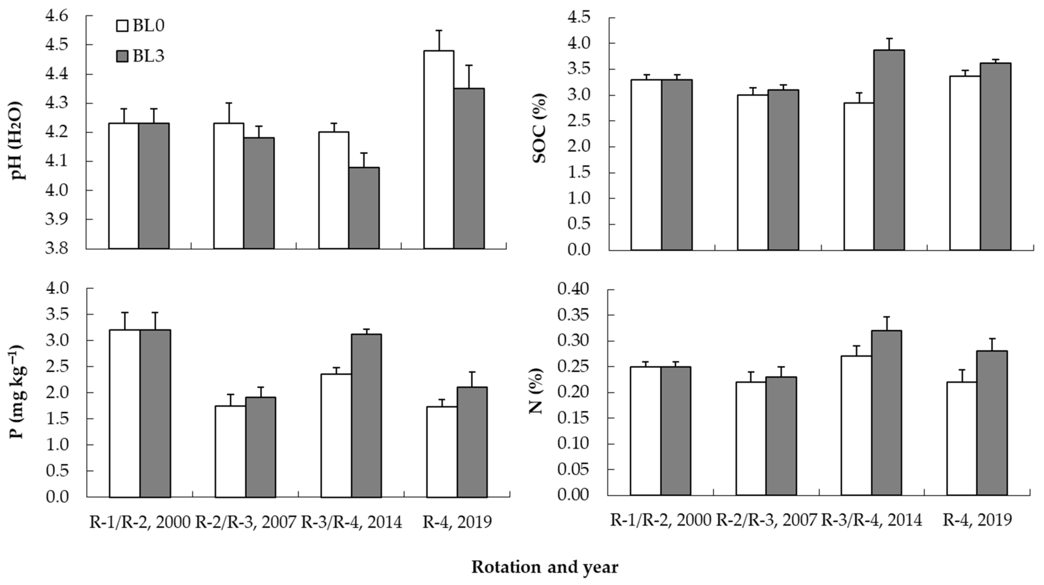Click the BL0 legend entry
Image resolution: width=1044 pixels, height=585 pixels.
point(140,26)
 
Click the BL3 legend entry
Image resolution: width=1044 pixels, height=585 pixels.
point(140,56)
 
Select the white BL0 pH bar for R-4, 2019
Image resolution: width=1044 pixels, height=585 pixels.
point(439,150)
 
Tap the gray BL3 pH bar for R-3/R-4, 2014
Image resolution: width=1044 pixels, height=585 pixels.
point(364,208)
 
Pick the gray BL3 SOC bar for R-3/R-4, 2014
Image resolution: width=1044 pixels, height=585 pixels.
point(889,150)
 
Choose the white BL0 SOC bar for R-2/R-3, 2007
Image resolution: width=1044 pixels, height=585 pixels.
point(753,172)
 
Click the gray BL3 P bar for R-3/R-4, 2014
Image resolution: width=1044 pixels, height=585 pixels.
point(366,416)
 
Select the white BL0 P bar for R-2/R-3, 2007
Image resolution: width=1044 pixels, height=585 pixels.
point(230,452)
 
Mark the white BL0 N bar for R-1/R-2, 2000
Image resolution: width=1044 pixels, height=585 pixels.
point(646,431)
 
